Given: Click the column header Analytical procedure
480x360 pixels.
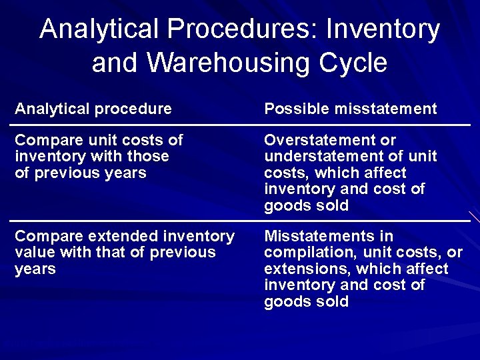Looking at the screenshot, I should [93, 108].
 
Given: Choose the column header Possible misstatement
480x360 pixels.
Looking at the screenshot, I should [351, 108].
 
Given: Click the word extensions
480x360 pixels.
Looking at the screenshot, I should [307, 269].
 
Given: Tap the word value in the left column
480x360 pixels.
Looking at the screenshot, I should [31, 253].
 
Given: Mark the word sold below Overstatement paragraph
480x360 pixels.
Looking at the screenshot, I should [333, 205].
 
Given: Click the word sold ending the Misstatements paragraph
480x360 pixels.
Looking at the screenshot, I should [333, 301].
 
